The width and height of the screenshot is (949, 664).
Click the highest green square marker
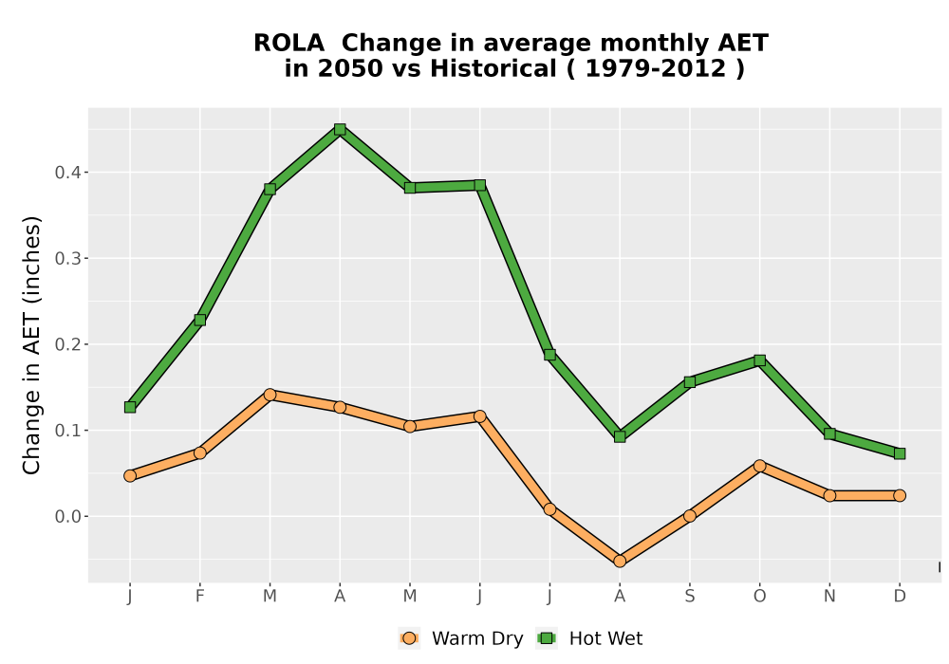click(340, 129)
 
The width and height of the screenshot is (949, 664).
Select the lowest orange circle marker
click(619, 562)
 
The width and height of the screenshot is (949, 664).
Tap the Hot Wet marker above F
click(199, 320)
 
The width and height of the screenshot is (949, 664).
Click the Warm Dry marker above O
click(759, 466)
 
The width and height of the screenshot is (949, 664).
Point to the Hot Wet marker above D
click(900, 453)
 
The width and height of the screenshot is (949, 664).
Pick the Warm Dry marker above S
click(689, 516)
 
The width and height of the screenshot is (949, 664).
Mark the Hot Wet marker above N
click(829, 433)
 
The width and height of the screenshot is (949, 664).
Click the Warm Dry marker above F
click(199, 453)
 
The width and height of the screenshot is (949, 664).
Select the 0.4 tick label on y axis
click(67, 173)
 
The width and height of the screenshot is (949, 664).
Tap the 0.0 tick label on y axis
click(67, 516)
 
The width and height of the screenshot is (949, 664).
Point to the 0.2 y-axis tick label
click(67, 344)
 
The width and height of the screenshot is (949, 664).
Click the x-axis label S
click(689, 597)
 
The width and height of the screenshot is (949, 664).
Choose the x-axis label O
click(759, 597)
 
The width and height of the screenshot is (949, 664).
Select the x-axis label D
click(900, 597)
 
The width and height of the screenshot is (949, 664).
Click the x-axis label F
click(199, 597)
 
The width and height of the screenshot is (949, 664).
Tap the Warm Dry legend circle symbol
click(409, 638)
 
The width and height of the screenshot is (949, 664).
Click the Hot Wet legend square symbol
click(547, 638)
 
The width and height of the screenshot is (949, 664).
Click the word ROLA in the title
click(288, 44)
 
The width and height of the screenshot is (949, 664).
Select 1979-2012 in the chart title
click(656, 68)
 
